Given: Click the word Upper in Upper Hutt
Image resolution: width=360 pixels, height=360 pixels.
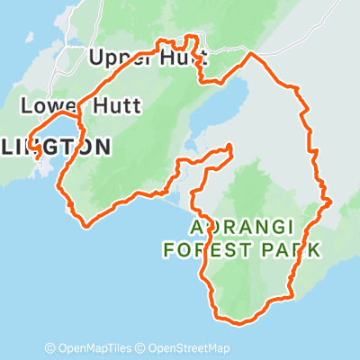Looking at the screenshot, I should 114,58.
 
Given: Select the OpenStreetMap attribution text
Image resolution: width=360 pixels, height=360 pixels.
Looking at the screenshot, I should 188,348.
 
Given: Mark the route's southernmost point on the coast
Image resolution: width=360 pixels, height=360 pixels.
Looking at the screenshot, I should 237,321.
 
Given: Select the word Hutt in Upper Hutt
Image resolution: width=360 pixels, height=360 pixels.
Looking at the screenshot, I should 180,58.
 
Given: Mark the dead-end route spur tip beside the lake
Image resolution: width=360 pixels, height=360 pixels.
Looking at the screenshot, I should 231,146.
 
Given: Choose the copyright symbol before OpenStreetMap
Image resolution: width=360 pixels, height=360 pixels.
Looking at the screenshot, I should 142,348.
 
